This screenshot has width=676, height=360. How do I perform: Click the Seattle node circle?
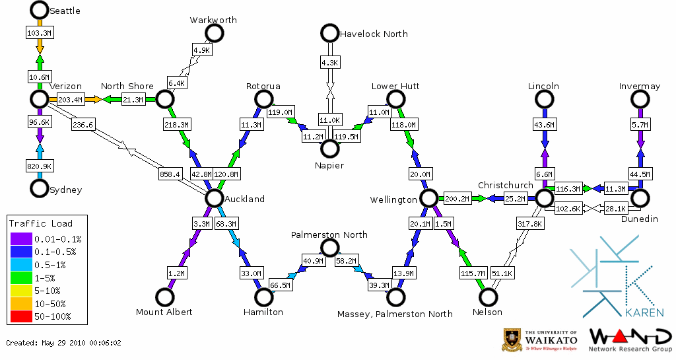coord(40,10)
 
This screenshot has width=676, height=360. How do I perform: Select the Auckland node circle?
coord(213,198)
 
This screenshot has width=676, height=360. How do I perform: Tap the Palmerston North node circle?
coord(329,248)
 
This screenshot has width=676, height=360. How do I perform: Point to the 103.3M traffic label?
coord(39,32)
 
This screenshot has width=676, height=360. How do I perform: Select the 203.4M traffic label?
coord(71,100)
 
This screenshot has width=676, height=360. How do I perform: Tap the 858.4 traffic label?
coord(170,174)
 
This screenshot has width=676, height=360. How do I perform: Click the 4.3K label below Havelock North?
coord(329,63)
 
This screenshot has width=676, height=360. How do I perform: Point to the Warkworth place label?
coord(213,20)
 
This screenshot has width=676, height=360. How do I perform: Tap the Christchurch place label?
coord(505,185)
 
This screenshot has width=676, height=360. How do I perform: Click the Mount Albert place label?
coord(164,312)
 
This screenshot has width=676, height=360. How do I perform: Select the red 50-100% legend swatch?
coord(20,316)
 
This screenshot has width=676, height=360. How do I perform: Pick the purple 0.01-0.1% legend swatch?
coord(20,239)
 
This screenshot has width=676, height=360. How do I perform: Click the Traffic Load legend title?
coord(41,223)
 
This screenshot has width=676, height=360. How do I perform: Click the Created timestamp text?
coord(64,343)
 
